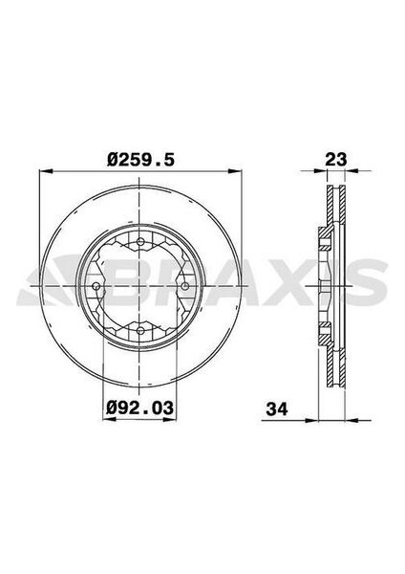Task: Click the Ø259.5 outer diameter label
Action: [x=140, y=161]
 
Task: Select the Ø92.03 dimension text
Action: [x=140, y=408]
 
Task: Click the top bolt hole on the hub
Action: [x=139, y=240]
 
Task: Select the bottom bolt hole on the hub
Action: [x=139, y=330]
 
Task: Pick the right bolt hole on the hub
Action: [x=185, y=285]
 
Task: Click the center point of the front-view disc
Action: [x=140, y=285]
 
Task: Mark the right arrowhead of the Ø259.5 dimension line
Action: [x=239, y=173]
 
